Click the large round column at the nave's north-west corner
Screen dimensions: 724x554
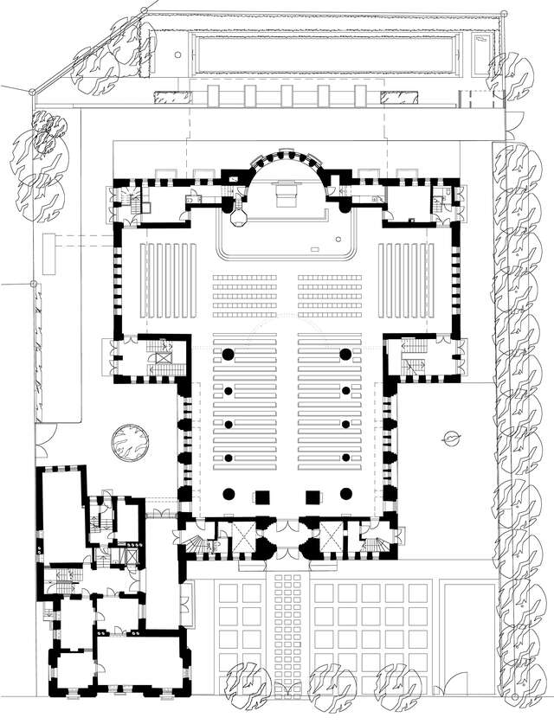point(229,355)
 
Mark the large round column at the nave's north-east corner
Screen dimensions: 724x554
point(345,355)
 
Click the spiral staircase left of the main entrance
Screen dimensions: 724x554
point(198,545)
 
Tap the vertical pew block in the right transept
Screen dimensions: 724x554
point(407,278)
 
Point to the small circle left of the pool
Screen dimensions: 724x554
point(177,54)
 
